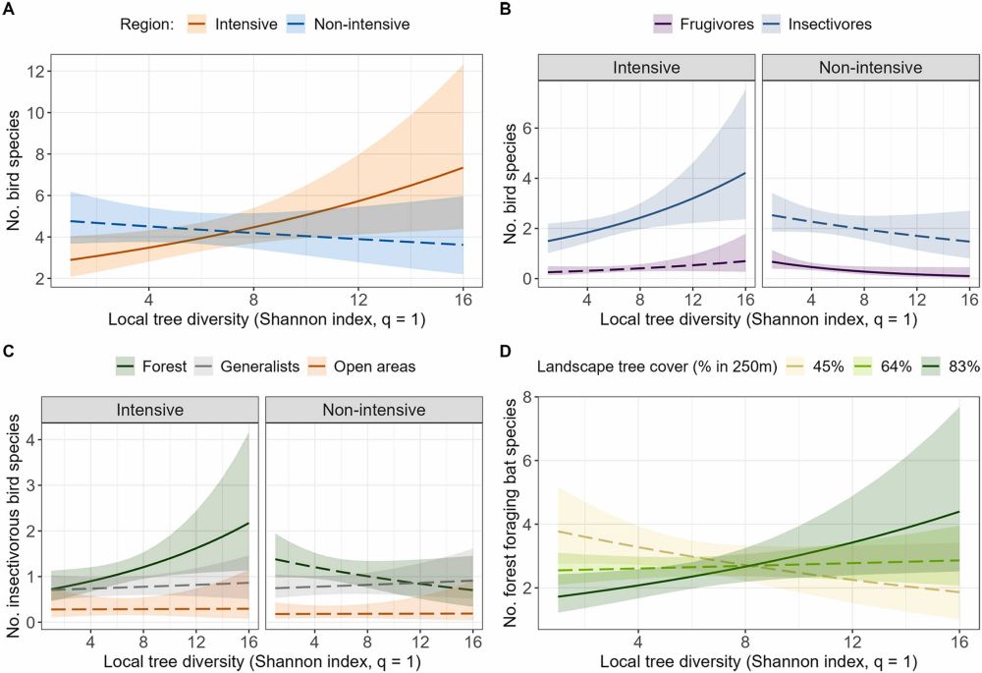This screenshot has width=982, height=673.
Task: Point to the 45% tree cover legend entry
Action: click(x=829, y=366)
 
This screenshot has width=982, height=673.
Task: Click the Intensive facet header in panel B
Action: click(x=648, y=69)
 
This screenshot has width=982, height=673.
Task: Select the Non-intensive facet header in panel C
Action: click(x=374, y=408)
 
